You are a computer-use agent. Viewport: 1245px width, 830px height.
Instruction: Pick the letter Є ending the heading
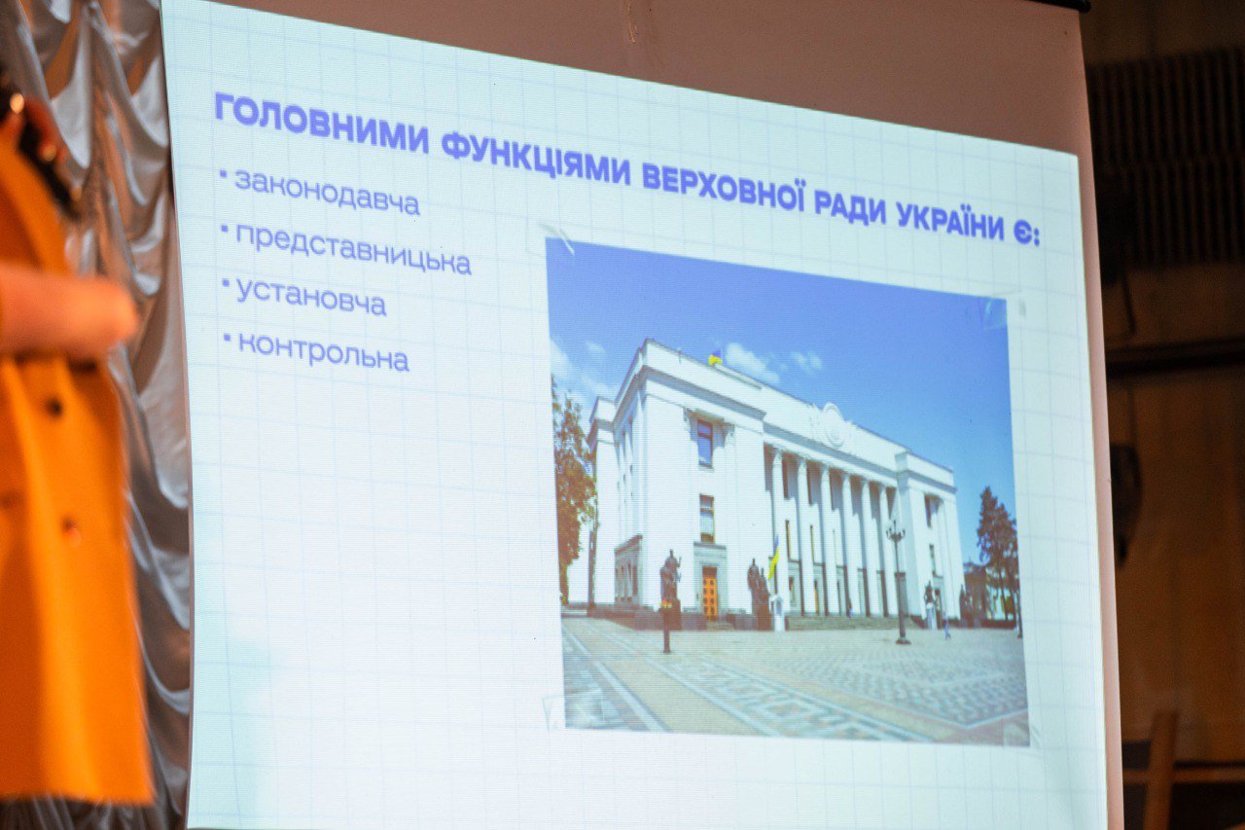pyautogui.click(x=1021, y=234)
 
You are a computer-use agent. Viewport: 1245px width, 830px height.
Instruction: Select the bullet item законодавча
pyautogui.click(x=328, y=193)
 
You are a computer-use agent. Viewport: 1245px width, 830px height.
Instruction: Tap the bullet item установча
pyautogui.click(x=311, y=298)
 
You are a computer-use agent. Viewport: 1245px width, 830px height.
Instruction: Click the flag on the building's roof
pyautogui.click(x=715, y=357)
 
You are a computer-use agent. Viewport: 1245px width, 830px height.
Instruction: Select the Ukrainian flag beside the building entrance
pyautogui.click(x=774, y=558)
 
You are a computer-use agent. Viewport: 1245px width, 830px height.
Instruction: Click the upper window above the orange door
pyautogui.click(x=705, y=443)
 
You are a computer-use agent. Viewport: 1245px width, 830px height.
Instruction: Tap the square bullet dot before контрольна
pyautogui.click(x=227, y=337)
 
